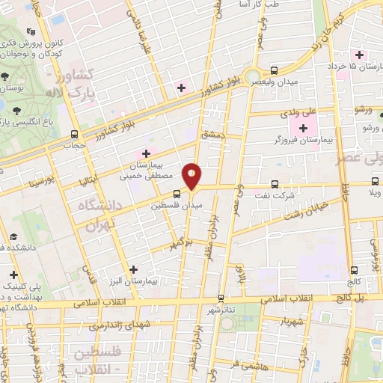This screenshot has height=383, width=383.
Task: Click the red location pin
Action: [192, 177]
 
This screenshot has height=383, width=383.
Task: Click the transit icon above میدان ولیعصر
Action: [275, 68]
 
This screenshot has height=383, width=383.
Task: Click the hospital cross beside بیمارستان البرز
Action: [134, 269]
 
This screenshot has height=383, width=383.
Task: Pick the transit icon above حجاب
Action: [73, 134]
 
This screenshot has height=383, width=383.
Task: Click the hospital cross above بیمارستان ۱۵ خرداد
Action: [359, 54]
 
